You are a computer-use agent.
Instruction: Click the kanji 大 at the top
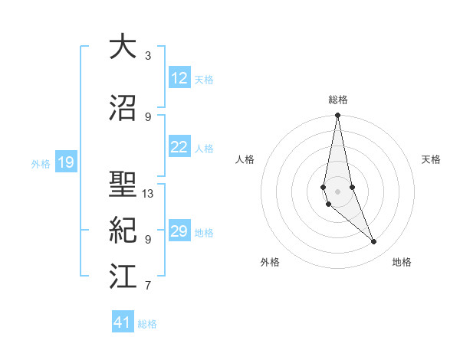[x=123, y=47]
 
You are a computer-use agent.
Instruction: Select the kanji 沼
[x=123, y=108]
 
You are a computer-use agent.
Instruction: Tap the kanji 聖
[x=123, y=185]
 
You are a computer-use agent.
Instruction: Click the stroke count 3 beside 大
[x=148, y=56]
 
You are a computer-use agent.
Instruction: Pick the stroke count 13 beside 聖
[x=148, y=194]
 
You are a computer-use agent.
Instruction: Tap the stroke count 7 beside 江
[x=148, y=286]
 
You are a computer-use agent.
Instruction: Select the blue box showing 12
[x=179, y=78]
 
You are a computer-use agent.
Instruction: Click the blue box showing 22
[x=179, y=148]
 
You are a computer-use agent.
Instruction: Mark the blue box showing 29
[x=179, y=231]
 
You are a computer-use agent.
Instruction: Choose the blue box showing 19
[x=65, y=162]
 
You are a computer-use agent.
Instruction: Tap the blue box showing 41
[x=123, y=322]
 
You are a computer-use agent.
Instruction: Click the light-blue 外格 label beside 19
[x=41, y=163]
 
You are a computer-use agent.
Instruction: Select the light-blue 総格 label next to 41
[x=147, y=324]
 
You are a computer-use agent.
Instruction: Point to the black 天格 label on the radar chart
[x=432, y=159]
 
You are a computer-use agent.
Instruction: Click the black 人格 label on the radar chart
[x=245, y=159]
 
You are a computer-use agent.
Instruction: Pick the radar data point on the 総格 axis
[x=337, y=116]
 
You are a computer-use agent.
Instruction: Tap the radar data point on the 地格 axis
[x=374, y=242]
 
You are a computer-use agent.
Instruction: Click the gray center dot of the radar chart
[x=337, y=190]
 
